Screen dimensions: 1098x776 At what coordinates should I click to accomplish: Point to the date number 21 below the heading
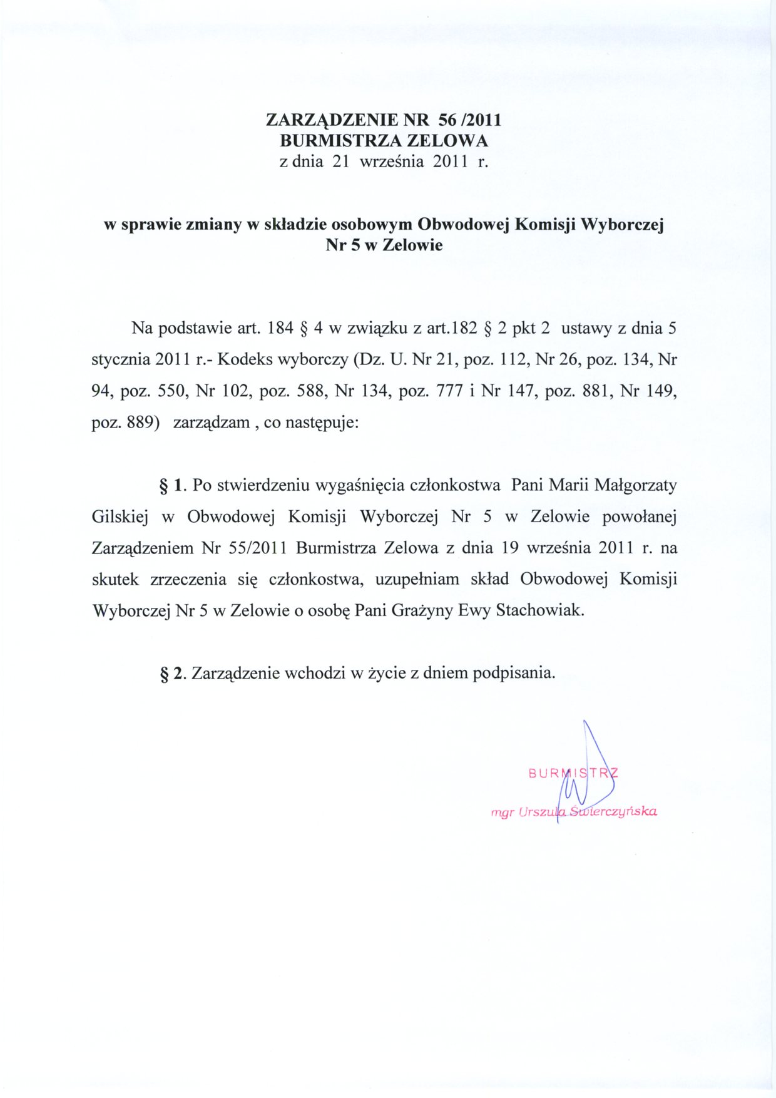(340, 162)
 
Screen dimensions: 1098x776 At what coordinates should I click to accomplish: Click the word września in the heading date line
(393, 162)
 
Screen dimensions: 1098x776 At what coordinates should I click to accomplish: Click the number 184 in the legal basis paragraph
(280, 328)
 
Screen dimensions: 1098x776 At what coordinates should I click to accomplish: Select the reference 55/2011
(258, 548)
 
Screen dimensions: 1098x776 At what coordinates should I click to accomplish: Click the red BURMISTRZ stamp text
(573, 772)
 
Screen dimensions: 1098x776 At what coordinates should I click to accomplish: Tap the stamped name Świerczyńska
(614, 812)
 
